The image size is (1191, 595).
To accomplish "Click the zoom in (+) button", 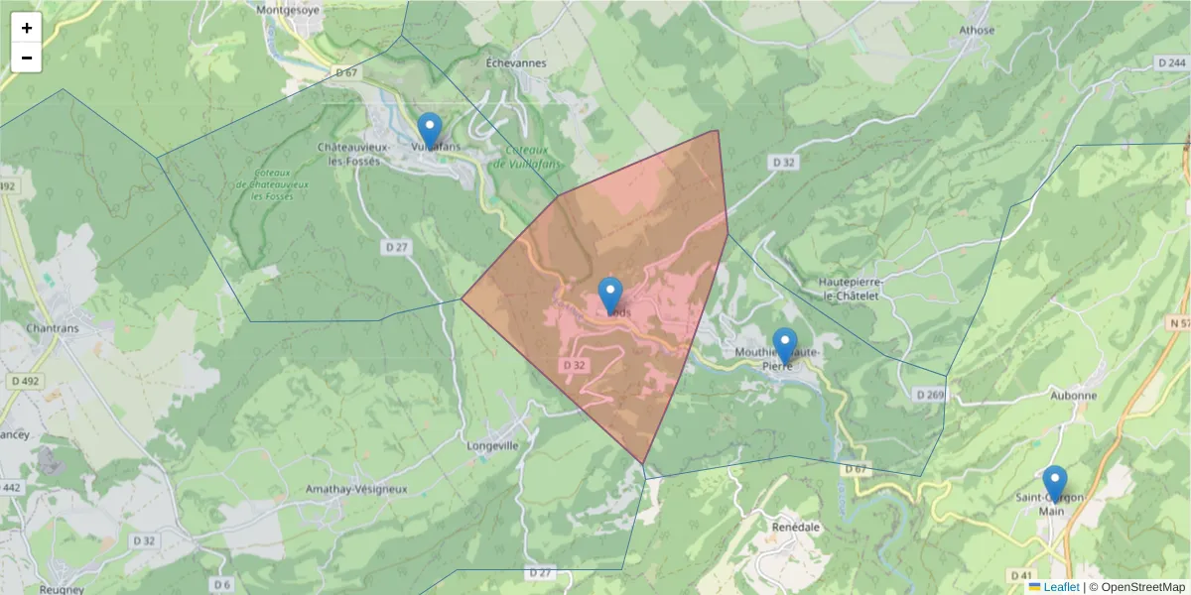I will (27, 28).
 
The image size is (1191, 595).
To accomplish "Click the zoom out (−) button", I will (27, 58).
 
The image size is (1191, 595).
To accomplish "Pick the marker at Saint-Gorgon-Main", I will (1055, 484).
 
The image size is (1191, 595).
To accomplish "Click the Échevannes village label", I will (516, 62).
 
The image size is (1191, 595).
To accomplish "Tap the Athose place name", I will (977, 30).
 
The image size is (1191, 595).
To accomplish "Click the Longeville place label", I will (492, 446).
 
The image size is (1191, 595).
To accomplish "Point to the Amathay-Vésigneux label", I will (356, 490).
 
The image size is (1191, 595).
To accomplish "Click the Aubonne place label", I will (1073, 395).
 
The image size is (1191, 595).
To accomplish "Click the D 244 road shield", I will (1171, 63).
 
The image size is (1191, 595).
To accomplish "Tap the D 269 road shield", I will (930, 395).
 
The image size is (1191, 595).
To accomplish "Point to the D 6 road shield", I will (220, 585).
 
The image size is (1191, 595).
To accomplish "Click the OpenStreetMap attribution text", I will (1142, 587).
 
